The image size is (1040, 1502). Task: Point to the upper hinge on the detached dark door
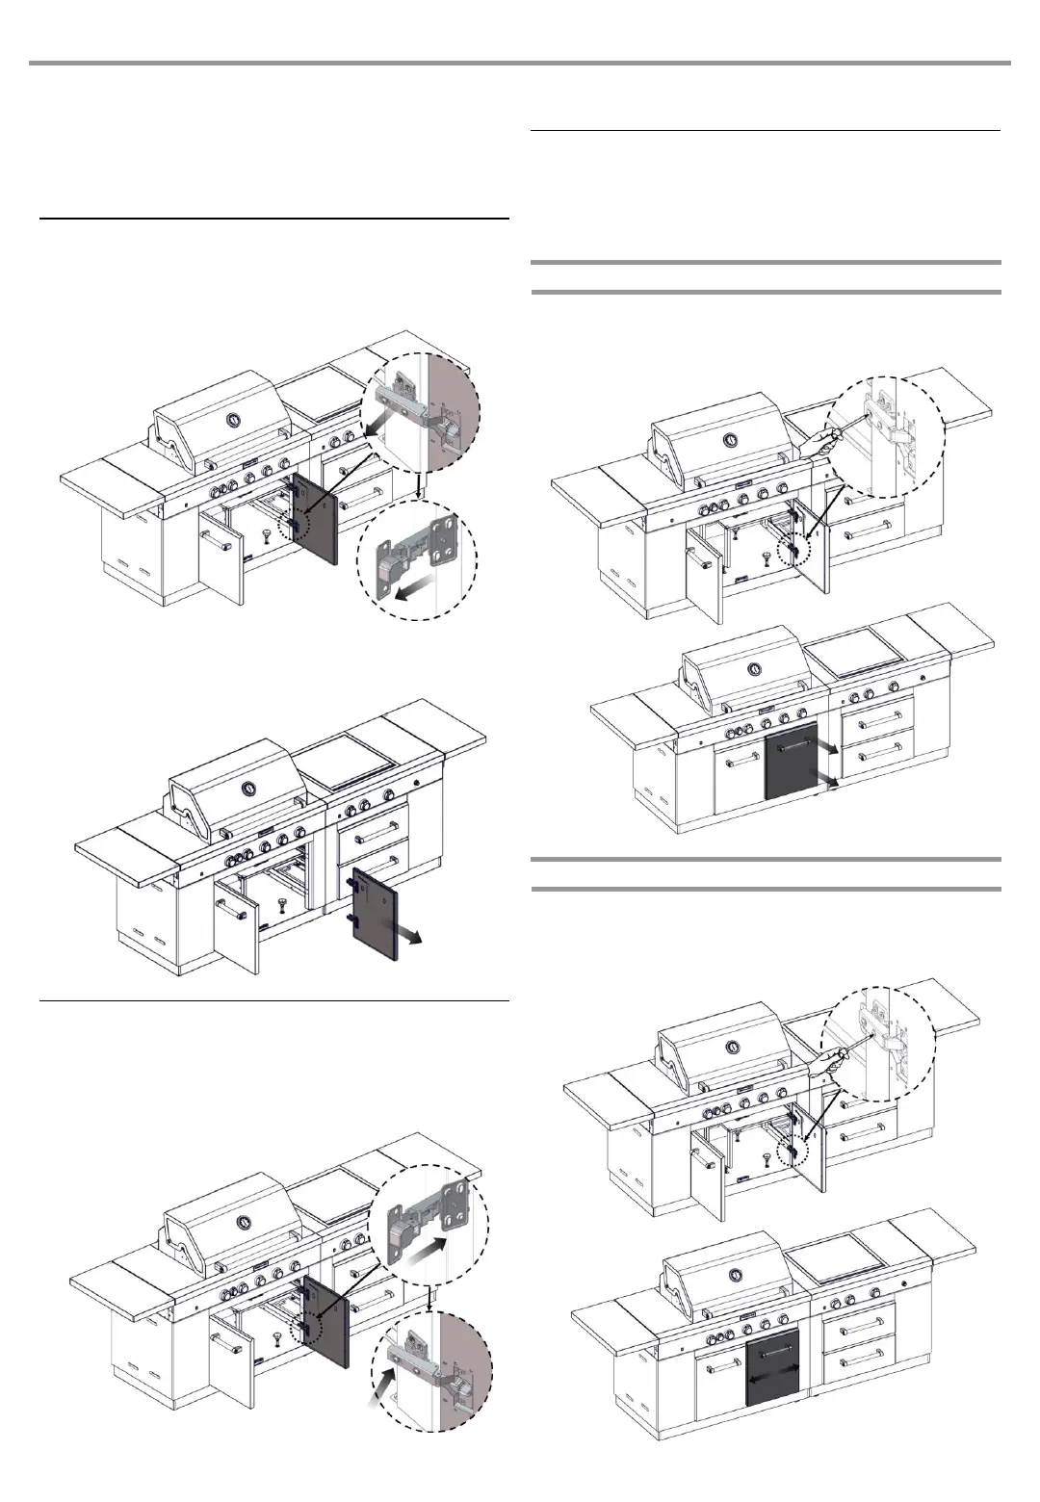(348, 879)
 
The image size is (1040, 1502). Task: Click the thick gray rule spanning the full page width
(520, 64)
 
